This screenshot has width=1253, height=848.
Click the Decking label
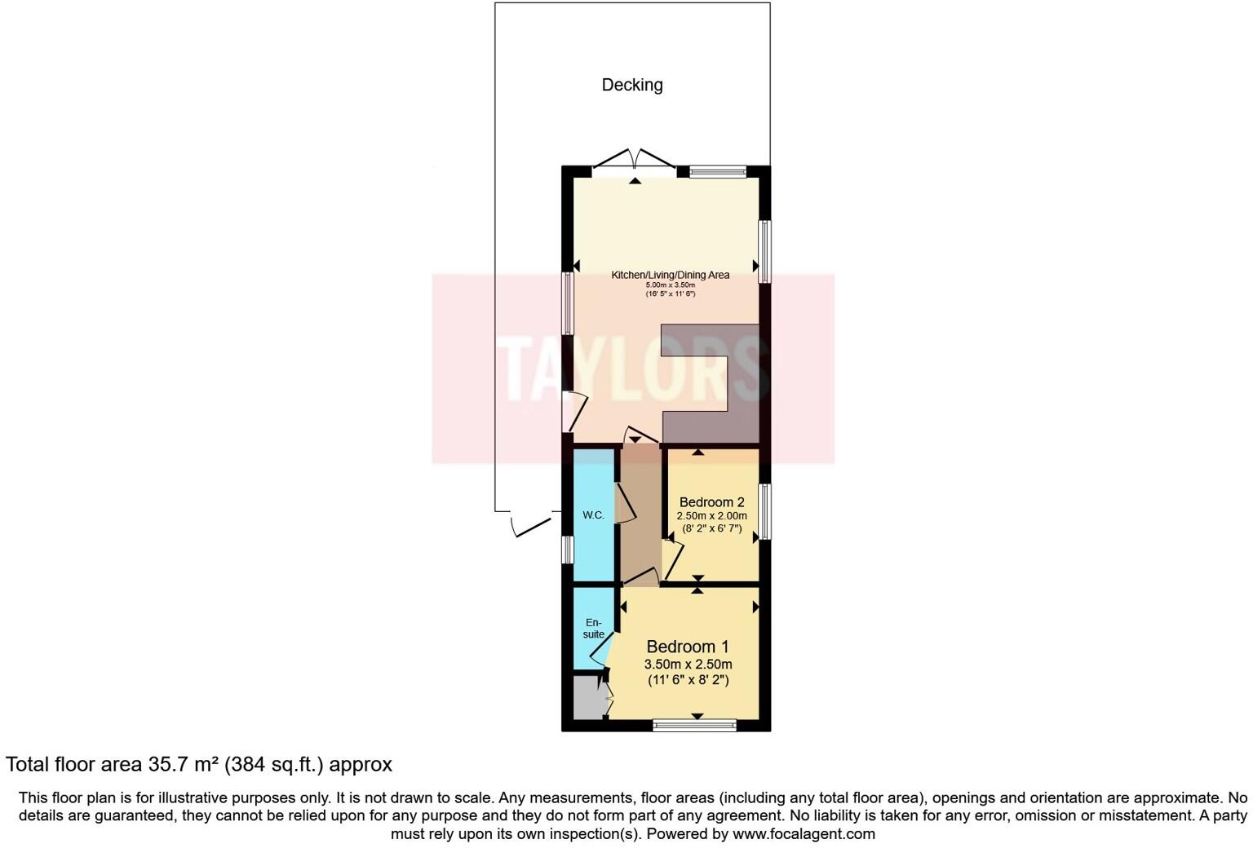[631, 85]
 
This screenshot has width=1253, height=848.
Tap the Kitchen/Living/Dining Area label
[670, 275]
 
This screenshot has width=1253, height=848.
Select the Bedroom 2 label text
[711, 502]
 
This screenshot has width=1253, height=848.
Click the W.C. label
[593, 515]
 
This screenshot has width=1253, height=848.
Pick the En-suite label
[593, 629]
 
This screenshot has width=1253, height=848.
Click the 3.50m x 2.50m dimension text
[688, 665]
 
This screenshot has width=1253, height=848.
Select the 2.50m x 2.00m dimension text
[711, 516]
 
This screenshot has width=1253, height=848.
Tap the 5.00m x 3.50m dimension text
[670, 285]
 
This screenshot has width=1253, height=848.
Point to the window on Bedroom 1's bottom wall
[695, 725]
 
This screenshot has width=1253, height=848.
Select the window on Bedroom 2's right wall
[765, 512]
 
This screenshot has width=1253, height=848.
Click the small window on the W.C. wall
[567, 549]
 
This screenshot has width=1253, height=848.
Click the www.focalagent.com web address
[804, 834]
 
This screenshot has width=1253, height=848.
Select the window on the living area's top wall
[717, 171]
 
